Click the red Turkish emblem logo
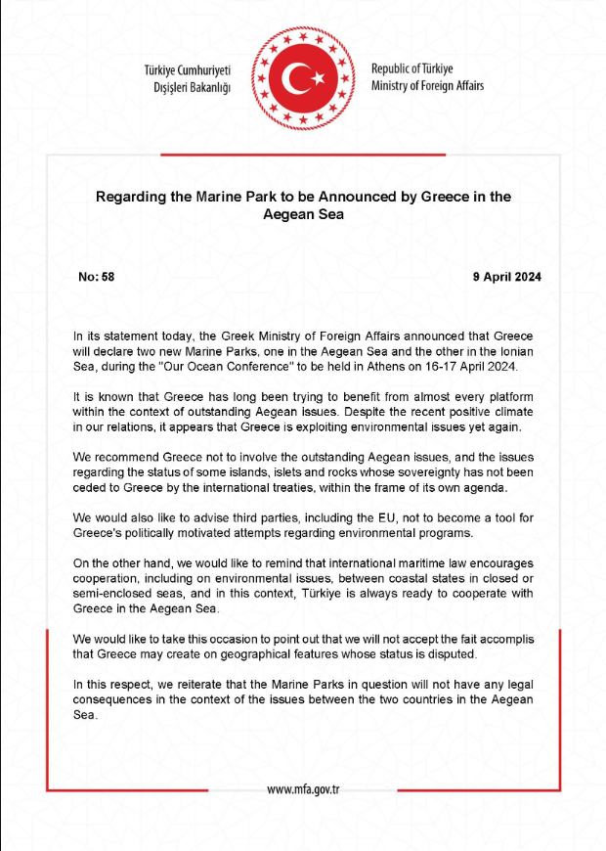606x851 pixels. (302, 76)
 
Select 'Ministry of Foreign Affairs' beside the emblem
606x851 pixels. (427, 86)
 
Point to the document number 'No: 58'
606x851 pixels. (97, 277)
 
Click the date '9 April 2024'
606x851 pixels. (506, 277)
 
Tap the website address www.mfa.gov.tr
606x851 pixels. (303, 789)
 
